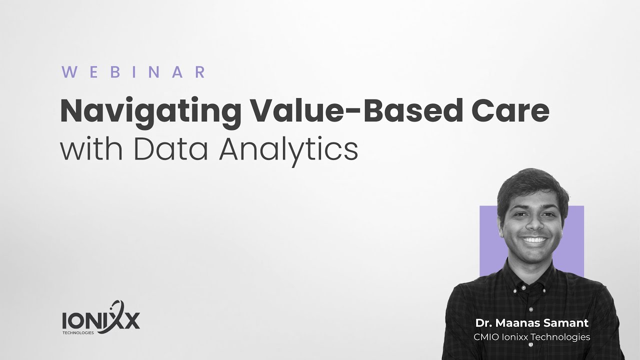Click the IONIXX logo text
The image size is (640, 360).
coord(100,320)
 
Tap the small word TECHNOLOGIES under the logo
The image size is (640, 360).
coord(78,332)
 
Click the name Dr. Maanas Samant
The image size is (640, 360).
coord(531,323)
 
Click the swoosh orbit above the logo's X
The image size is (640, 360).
coord(118,307)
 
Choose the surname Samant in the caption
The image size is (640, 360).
coord(569,323)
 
